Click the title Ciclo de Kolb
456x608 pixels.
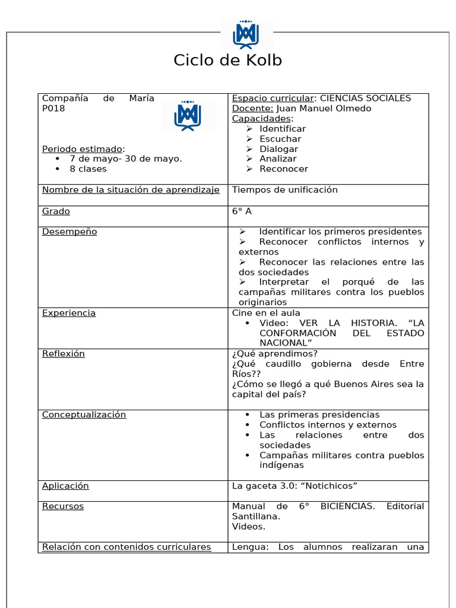coord(227,61)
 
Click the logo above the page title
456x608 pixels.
coord(246,34)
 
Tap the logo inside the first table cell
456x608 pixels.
coord(188,115)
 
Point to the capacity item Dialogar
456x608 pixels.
coord(278,149)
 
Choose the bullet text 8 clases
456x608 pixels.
coord(88,169)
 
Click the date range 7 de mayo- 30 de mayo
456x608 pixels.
coord(125,159)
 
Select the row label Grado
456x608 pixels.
coord(56,211)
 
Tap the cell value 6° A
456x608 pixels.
coord(242,211)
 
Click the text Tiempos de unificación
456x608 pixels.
coord(284,190)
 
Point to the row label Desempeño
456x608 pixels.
coord(69,232)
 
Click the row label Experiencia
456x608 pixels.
coord(69,313)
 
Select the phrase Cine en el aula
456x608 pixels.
coord(266,313)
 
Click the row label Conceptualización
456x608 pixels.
coord(84,415)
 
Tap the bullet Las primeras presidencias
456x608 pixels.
coord(319,415)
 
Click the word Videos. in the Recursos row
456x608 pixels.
coord(249,527)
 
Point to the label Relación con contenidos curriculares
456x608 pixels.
coord(126,547)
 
